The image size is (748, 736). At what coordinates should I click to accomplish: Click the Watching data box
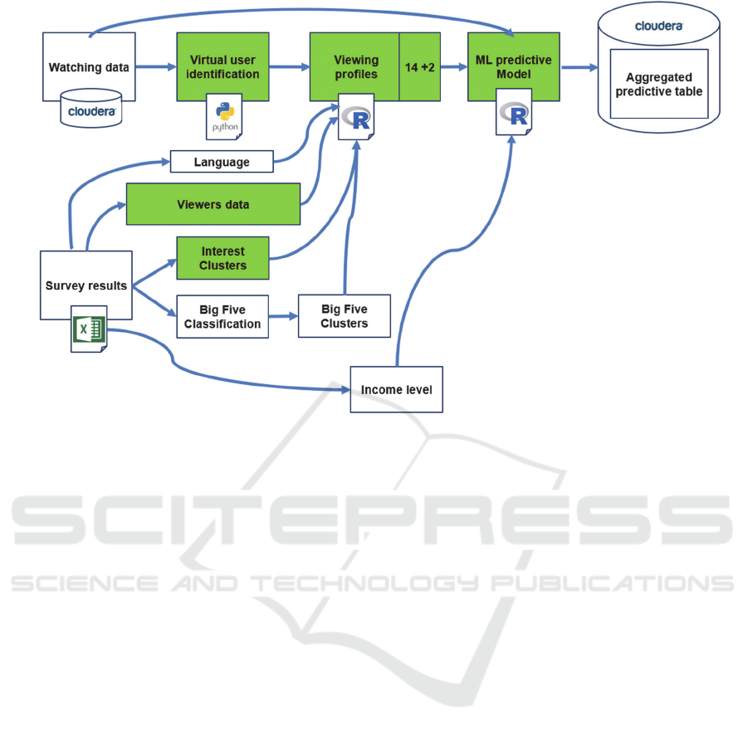click(x=89, y=67)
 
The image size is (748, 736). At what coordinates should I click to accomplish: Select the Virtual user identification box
click(x=223, y=67)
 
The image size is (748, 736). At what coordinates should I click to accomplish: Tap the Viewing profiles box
click(x=355, y=67)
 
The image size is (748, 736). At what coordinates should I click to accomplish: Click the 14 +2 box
click(x=420, y=67)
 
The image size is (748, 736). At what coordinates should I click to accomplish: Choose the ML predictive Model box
click(x=513, y=67)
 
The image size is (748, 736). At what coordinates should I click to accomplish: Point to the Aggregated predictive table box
click(x=659, y=84)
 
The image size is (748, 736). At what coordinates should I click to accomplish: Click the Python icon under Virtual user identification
click(x=224, y=117)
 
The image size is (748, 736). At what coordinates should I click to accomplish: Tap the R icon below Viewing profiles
click(x=358, y=119)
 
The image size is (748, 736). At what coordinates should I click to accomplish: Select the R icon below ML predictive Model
click(x=515, y=116)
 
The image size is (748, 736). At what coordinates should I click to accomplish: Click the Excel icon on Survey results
click(x=89, y=330)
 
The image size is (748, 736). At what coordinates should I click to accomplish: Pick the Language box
click(x=222, y=162)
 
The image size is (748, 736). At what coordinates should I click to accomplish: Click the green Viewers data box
click(x=213, y=204)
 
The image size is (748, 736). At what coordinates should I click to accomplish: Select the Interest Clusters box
click(x=222, y=258)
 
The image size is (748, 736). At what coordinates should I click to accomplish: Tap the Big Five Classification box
click(x=222, y=317)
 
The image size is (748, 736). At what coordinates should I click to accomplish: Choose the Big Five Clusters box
click(x=344, y=315)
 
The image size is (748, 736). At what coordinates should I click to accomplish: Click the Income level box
click(x=396, y=389)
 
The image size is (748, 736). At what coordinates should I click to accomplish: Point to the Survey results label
click(x=86, y=285)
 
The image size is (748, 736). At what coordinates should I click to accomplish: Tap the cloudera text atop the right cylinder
click(x=659, y=26)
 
